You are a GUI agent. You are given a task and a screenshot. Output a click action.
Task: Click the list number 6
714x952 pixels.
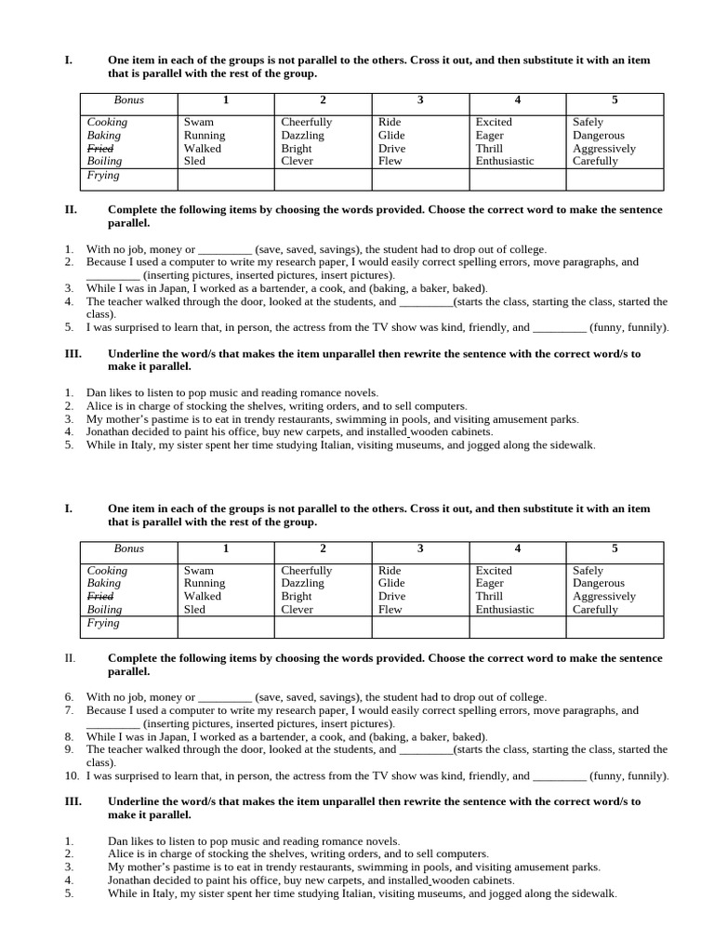pos(69,697)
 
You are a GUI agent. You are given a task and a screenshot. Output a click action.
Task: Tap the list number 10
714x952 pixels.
pos(72,775)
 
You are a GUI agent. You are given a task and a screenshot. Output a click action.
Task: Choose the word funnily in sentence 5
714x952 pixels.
pos(645,327)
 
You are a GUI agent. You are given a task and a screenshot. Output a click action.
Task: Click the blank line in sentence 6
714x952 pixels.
pos(225,697)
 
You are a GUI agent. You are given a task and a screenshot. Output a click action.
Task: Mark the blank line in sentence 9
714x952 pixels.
pos(426,749)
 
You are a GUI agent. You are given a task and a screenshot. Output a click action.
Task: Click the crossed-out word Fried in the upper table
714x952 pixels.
pos(100,148)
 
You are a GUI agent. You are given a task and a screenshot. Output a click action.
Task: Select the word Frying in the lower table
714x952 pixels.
pos(103,623)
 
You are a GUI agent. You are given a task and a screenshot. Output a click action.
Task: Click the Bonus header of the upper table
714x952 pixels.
pos(129,99)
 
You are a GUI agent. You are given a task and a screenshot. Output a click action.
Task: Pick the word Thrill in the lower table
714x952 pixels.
pos(489,596)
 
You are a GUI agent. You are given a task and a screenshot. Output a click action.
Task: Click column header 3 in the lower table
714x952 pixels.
pos(420,549)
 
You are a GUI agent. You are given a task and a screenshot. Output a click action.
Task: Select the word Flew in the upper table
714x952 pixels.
pos(390,161)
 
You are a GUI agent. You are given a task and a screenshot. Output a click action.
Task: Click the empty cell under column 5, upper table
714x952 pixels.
pos(615,179)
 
